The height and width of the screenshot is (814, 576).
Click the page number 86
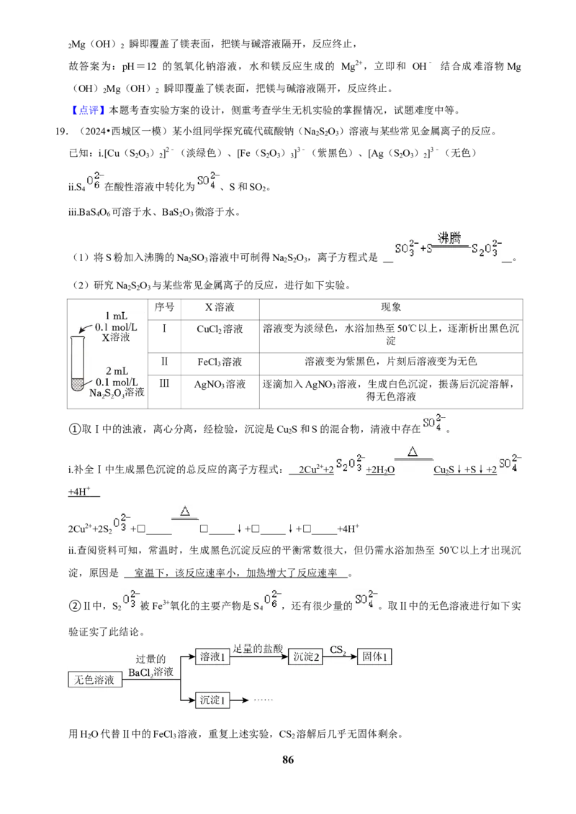tap(288, 759)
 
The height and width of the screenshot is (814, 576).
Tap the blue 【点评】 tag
tap(88, 110)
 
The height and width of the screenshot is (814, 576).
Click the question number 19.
tap(61, 132)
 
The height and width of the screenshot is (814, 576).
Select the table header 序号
tap(164, 307)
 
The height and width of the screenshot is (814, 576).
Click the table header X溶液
tap(220, 307)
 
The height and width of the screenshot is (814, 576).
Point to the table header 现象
tap(391, 307)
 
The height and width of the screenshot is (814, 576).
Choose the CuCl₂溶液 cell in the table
tap(220, 329)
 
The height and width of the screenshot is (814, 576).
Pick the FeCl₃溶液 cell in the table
tap(220, 362)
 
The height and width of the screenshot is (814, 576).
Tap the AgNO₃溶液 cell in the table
tap(220, 384)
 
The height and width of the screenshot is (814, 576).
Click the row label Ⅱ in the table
tap(164, 361)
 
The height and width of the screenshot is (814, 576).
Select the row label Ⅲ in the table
tap(164, 384)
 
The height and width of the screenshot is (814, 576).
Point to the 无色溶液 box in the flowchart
tap(95, 680)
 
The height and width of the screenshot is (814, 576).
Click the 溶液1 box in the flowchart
tap(212, 657)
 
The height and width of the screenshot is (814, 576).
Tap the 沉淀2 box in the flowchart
tap(306, 657)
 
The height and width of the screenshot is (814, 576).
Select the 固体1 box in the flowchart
tap(374, 657)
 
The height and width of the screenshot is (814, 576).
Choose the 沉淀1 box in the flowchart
tap(212, 700)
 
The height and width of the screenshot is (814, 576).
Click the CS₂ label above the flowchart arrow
tap(338, 649)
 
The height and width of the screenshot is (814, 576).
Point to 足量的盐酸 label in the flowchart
tap(258, 648)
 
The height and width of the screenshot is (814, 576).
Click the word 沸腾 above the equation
tap(449, 238)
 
